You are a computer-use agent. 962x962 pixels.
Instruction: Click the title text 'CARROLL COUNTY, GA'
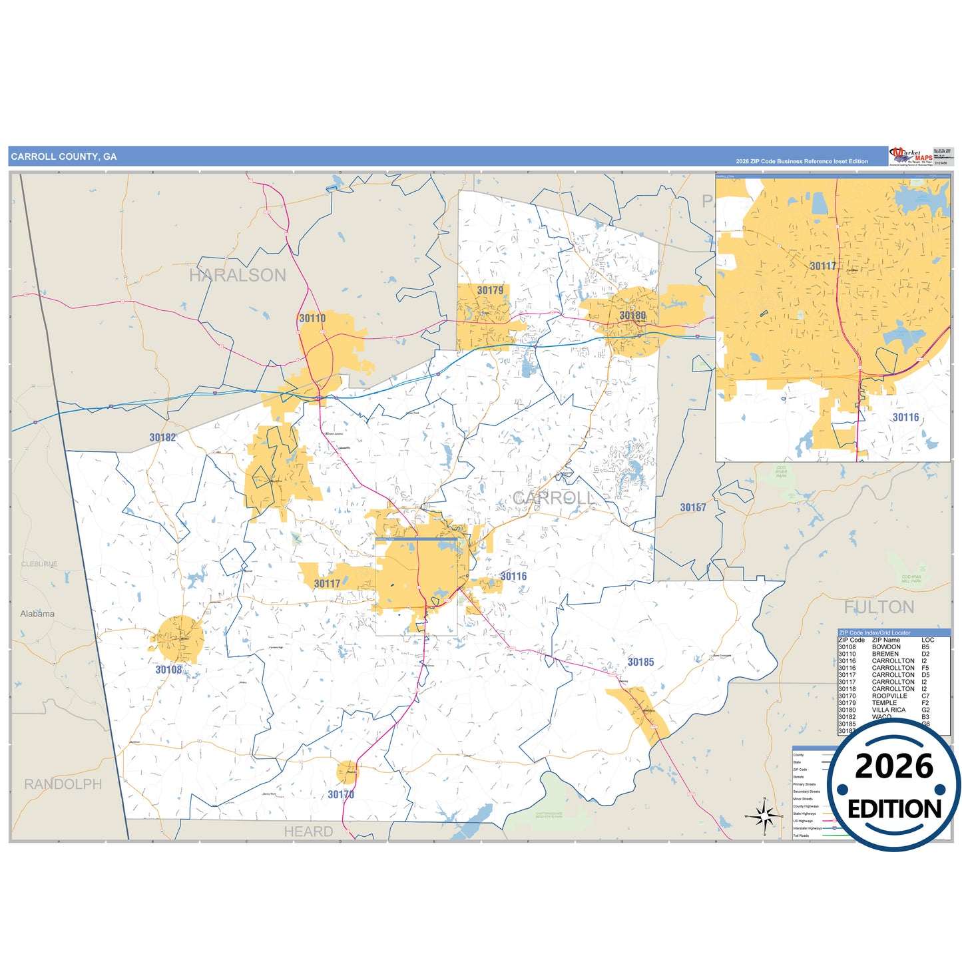[x=64, y=157]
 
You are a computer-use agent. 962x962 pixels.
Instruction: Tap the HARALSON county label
[x=238, y=276]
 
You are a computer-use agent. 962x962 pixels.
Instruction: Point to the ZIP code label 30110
[x=312, y=319]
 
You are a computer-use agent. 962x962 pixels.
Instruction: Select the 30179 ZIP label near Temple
[x=490, y=291]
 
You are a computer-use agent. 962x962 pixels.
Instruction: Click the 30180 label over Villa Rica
[x=632, y=316]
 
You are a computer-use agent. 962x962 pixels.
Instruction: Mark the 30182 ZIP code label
[x=162, y=438]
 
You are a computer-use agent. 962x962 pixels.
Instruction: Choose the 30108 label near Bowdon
[x=168, y=670]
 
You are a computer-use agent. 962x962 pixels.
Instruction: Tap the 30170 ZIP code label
[x=341, y=795]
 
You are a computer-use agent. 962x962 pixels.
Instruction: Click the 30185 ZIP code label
[x=640, y=662]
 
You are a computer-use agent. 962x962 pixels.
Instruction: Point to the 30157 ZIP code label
[x=693, y=508]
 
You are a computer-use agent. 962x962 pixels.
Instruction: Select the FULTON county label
[x=879, y=607]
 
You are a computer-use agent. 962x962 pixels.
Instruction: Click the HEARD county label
[x=308, y=832]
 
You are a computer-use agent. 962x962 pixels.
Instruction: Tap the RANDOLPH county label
[x=63, y=784]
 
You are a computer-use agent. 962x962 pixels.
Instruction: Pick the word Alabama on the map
[x=37, y=614]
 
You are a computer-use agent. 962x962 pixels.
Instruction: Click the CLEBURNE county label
[x=39, y=565]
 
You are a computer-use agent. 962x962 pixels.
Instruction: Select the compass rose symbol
[x=764, y=815]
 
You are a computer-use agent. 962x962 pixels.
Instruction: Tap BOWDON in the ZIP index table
[x=886, y=647]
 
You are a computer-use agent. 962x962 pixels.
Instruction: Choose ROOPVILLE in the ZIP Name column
[x=889, y=696]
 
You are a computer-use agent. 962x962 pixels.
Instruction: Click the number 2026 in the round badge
[x=893, y=767]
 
